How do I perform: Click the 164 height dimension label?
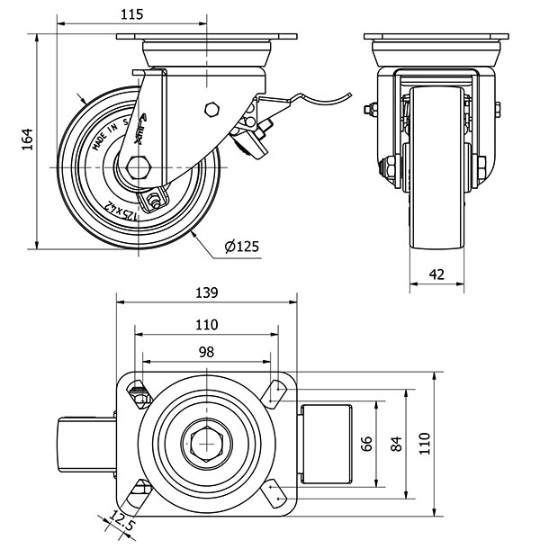(27, 139)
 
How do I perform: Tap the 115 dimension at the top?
(131, 14)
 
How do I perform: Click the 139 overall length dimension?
(206, 292)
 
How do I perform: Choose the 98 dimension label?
(206, 352)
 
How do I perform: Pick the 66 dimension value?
(367, 443)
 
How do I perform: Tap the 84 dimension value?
(395, 443)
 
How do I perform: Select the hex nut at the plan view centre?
(206, 443)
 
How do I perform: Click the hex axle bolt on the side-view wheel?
(139, 167)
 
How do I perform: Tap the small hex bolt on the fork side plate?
(212, 110)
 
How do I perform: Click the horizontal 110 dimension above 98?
(206, 324)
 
